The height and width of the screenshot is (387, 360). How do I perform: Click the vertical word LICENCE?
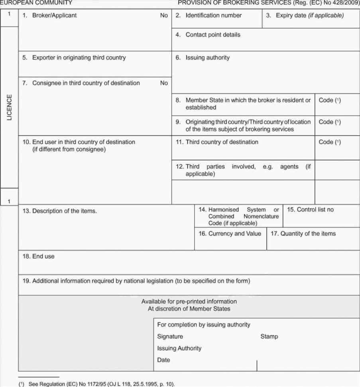pos(9,107)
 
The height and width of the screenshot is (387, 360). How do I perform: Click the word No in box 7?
pos(164,83)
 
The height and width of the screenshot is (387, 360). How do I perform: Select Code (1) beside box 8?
pos(330,100)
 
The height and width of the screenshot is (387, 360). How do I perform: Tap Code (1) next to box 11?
pos(330,142)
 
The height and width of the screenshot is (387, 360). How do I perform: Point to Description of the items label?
pos(59,211)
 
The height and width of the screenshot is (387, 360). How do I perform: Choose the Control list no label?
pos(310,209)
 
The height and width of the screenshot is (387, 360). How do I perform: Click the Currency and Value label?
pos(230,233)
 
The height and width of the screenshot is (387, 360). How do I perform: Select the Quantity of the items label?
pos(303,233)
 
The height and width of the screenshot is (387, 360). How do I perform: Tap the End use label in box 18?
pos(38,257)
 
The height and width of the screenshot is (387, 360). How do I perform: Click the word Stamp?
pos(269,336)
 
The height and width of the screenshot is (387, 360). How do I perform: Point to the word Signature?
pos(170,336)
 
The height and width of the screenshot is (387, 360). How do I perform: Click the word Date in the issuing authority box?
pos(163,360)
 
